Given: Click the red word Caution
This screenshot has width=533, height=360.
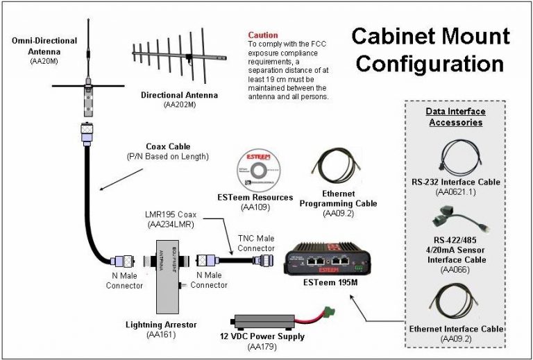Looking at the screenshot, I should (263, 35).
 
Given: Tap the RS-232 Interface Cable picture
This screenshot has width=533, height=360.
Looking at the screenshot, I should (457, 157).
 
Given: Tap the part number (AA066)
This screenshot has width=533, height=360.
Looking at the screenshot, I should (458, 268).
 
